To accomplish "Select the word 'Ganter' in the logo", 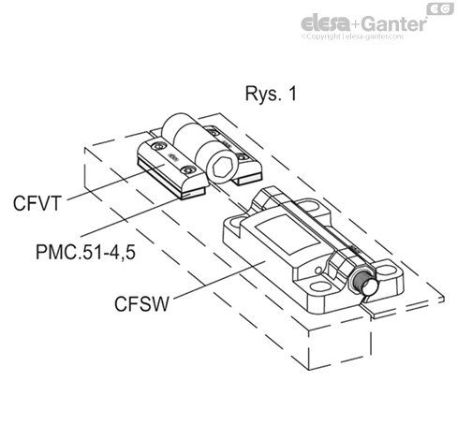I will [397, 21].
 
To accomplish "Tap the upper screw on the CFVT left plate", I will [162, 148].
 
